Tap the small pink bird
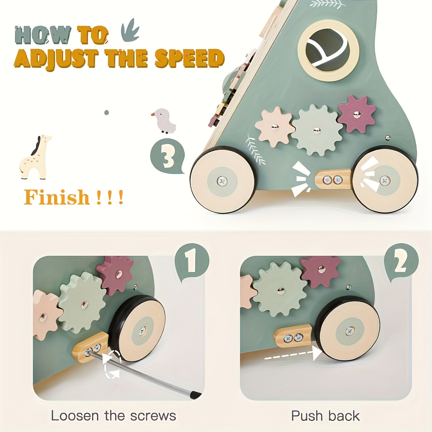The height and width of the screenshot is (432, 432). click(164, 121)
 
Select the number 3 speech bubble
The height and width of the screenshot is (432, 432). click(167, 156)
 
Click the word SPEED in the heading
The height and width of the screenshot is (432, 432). click(189, 58)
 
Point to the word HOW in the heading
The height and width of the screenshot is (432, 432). click(43, 35)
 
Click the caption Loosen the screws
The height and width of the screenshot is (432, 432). click(113, 416)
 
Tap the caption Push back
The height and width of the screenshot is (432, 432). click(325, 416)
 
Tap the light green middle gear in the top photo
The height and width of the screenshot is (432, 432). click(317, 130)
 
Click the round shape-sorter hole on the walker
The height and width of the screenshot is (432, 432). click(328, 51)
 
